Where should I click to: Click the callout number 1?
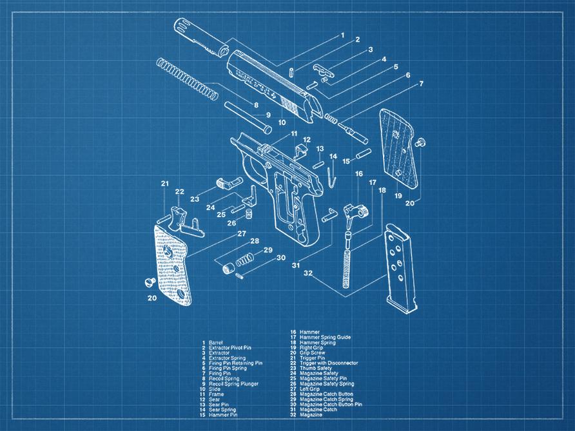tap(342, 35)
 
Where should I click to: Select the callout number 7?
tap(421, 84)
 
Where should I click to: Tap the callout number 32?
tap(309, 273)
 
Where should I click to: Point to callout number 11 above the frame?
tap(294, 134)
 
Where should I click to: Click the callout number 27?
tap(242, 233)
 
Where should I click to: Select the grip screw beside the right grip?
tap(422, 141)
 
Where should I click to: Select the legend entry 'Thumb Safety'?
tap(317, 368)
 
